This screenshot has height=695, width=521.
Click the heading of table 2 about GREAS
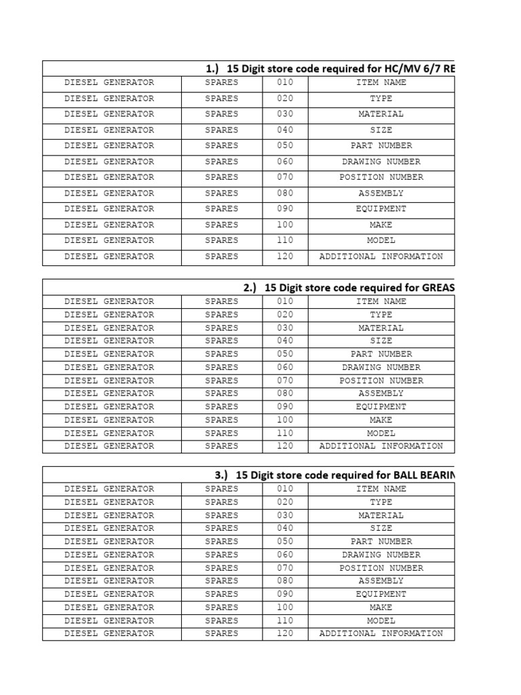pos(349,287)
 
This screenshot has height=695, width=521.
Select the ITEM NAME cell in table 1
pos(381,83)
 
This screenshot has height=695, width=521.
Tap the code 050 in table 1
pos(285,146)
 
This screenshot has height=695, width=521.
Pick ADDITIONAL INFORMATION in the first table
pos(381,257)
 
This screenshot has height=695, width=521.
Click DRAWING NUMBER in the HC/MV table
pos(381,162)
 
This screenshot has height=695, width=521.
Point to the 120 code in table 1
pos(285,257)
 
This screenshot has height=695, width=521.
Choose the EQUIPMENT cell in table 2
pos(381,407)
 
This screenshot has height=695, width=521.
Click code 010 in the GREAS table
pos(285,301)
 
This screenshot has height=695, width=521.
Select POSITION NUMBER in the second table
pos(381,381)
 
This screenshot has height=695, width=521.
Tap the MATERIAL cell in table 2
pos(381,328)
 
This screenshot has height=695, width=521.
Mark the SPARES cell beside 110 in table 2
pos(222,433)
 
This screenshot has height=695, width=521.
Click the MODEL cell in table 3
pos(381,620)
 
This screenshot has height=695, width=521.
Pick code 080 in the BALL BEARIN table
pos(285,581)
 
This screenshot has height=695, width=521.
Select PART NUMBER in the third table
pos(381,542)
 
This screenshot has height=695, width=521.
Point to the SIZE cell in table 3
pos(381,528)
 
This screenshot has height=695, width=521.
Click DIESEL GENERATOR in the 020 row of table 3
pos(109,502)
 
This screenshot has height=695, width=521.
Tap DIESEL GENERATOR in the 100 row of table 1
pos(109,225)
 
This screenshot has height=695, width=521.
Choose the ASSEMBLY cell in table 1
pos(381,193)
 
